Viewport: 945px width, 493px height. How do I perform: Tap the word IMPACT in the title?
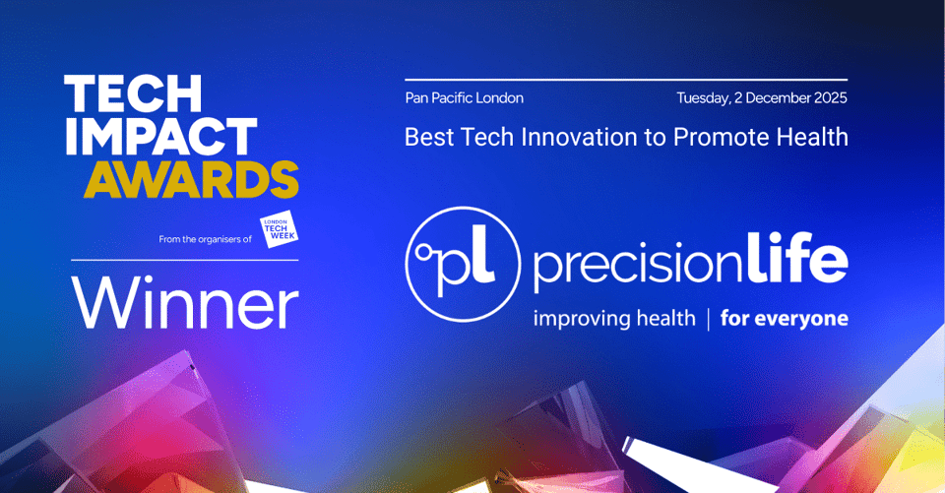coord(160,138)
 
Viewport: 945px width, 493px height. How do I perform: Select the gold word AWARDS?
coord(191,180)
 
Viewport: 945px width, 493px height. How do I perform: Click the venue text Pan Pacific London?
coord(464,98)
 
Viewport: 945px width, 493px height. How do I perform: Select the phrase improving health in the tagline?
coord(613,319)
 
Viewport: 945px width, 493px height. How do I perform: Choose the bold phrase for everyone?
coord(784,319)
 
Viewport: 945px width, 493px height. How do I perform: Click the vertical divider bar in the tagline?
coord(707,319)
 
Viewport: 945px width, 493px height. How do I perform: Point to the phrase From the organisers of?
coord(205,239)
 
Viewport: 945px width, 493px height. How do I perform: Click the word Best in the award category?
coord(425,137)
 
